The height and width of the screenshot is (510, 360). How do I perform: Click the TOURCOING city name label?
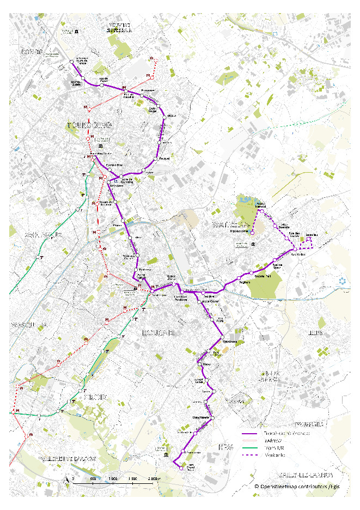89,125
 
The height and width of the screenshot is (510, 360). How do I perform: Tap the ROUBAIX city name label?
158,332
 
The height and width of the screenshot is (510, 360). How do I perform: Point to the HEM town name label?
225,447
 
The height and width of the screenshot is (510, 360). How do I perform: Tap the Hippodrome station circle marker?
253,232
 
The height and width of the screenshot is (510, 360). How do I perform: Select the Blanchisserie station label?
201,417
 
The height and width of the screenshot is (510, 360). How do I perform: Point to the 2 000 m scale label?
154,478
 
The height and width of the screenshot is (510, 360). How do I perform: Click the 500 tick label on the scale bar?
93,478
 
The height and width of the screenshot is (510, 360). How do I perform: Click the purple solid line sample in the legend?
249,433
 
